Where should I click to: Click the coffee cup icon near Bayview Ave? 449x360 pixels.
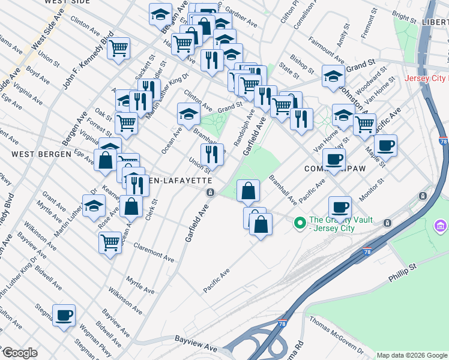coord(64,315)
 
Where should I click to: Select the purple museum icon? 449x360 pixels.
coord(440,226)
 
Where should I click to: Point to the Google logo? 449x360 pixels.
coord(20,353)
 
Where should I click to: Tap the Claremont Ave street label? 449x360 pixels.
coord(154,252)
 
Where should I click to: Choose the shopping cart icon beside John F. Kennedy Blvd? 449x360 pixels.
coord(119,47)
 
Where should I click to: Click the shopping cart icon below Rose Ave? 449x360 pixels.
coord(110,243)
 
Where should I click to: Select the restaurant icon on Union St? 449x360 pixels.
coord(212,154)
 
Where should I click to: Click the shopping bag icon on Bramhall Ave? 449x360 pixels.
coord(249,191)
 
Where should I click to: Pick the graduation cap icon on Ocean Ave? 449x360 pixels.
coord(188,113)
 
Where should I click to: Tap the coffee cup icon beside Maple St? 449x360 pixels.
coord(385,145)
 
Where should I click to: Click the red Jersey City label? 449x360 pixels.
coord(426,79)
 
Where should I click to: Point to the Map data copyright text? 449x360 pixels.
coord(412,355)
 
